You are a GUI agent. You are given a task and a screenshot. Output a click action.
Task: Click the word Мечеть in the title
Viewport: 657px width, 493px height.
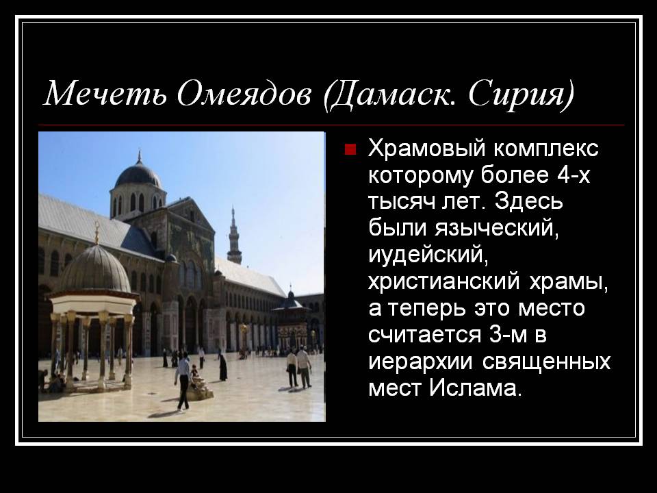(105, 93)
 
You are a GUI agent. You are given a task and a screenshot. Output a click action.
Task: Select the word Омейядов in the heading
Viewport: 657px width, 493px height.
(244, 93)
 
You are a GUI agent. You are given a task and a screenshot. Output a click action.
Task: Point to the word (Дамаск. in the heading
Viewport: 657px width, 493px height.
(389, 95)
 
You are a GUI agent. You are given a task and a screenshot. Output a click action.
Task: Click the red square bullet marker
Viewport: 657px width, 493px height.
(350, 149)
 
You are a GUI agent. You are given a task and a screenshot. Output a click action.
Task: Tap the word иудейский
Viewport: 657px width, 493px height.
(428, 255)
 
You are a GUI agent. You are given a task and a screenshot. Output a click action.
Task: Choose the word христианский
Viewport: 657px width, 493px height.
(443, 281)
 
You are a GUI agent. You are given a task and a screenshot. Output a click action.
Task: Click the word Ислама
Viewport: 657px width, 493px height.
(476, 388)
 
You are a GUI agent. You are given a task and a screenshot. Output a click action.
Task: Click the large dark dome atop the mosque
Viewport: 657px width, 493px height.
(138, 174)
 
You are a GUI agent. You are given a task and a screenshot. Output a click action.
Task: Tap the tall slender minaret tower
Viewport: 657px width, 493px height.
(234, 236)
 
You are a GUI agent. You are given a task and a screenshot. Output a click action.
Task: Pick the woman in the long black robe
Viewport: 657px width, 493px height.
(223, 366)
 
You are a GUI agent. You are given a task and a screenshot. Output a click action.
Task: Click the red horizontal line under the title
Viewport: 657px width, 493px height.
(331, 125)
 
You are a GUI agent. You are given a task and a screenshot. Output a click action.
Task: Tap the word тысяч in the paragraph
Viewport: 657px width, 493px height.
(402, 202)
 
